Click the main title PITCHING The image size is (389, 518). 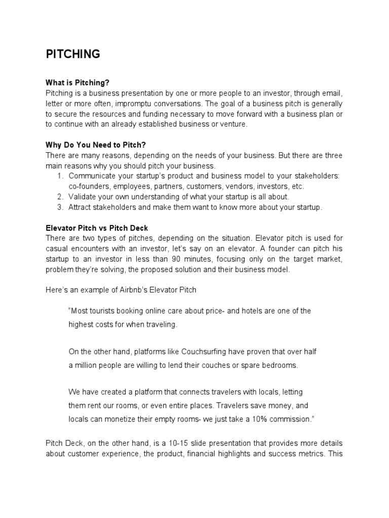click(73, 55)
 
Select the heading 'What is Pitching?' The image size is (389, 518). click(77, 82)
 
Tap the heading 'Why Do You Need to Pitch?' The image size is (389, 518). click(95, 145)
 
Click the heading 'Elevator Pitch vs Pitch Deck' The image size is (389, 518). click(97, 229)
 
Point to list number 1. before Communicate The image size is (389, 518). click(60, 176)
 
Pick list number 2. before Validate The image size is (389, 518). click(60, 197)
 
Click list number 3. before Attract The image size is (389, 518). click(60, 207)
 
